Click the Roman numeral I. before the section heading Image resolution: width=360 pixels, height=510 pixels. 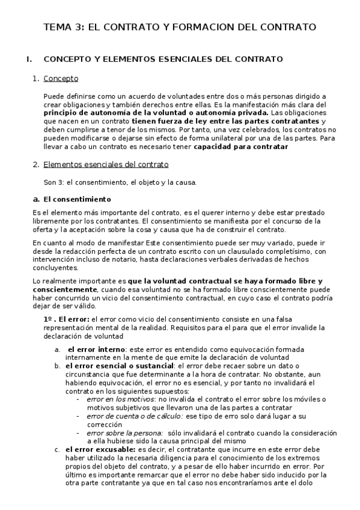28,60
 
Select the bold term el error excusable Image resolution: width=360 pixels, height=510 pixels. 100,449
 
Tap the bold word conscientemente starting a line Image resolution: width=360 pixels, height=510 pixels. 64,289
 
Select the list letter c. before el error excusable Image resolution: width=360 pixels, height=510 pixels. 57,449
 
